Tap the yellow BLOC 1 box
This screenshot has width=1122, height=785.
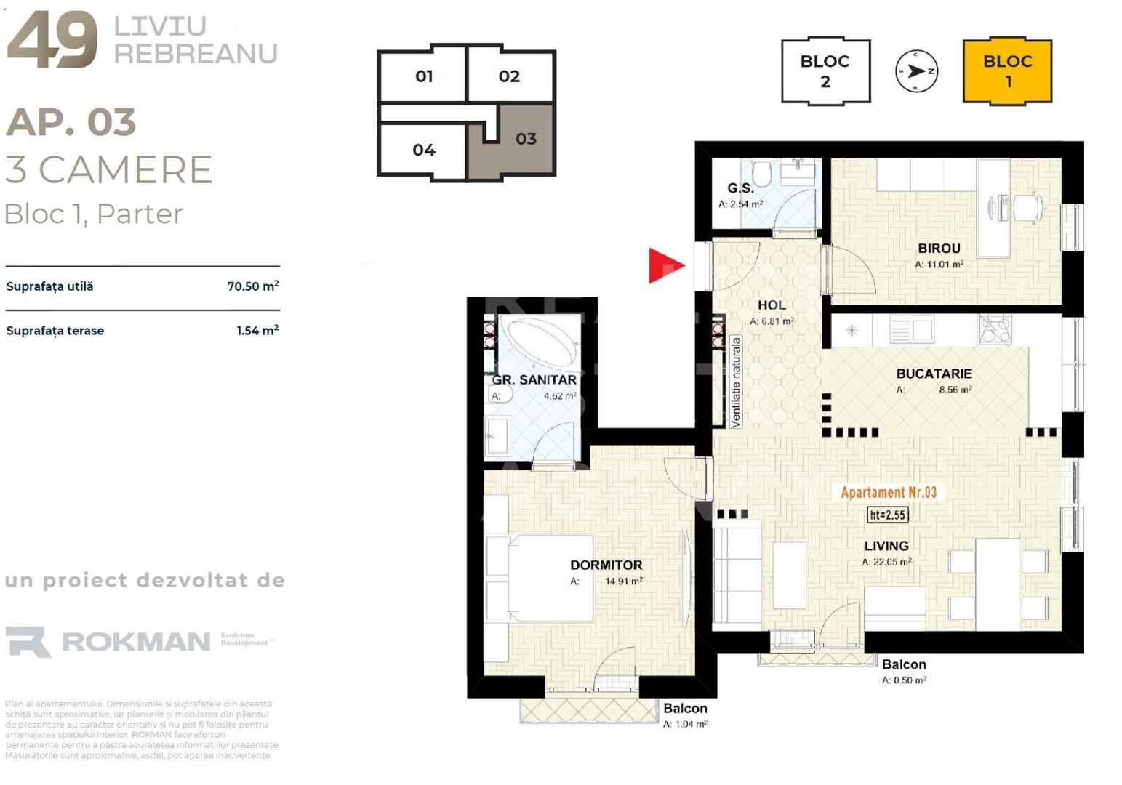click(x=1007, y=71)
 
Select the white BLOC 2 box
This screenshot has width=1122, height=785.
click(x=825, y=71)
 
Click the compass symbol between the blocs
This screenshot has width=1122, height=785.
click(x=916, y=71)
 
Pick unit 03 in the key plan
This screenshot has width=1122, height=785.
click(x=526, y=139)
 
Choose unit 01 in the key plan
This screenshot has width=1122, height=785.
click(x=424, y=76)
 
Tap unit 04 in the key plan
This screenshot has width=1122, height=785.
click(x=424, y=150)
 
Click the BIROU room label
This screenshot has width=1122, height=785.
click(x=939, y=249)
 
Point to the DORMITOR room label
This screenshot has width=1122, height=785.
click(x=606, y=565)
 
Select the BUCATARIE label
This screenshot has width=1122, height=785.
click(x=934, y=374)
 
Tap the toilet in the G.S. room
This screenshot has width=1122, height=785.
click(x=762, y=174)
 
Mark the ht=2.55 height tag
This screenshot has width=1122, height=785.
click(x=887, y=515)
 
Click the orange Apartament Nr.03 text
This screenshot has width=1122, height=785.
click(x=889, y=492)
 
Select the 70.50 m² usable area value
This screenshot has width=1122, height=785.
click(x=252, y=286)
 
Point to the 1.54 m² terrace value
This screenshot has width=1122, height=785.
click(x=257, y=331)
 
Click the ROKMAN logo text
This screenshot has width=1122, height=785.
click(x=136, y=642)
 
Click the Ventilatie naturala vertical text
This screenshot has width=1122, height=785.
click(x=735, y=382)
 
